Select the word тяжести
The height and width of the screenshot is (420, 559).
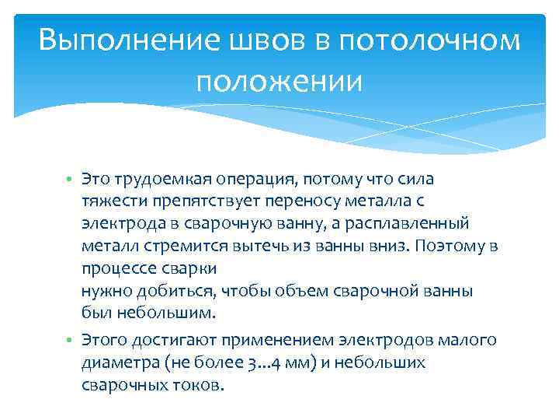pyautogui.click(x=109, y=201)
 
